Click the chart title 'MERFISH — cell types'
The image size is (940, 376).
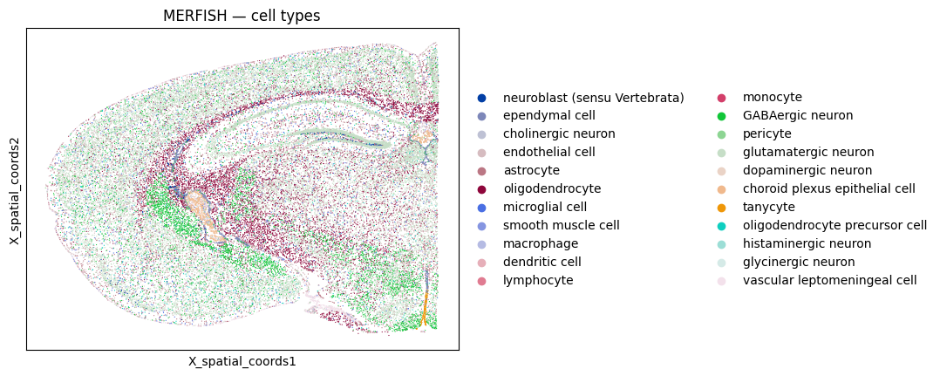pos(242,17)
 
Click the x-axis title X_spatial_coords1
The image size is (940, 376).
pos(242,362)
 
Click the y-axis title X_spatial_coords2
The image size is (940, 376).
pos(14,189)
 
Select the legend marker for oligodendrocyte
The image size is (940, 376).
pos(481,189)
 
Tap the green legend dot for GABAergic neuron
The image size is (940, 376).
pos(721,116)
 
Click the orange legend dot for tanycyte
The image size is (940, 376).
pos(721,208)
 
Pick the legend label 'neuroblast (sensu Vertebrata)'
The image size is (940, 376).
pos(594,98)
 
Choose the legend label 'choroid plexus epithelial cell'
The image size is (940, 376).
pos(829,189)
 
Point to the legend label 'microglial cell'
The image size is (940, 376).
pos(545,207)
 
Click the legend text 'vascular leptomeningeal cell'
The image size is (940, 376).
pos(830,281)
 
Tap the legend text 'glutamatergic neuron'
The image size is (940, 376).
pos(808,153)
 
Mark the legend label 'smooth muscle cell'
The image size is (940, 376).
pos(562,225)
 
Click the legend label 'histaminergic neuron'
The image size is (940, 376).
pos(807,244)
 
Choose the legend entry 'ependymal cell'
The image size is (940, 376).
pos(549,116)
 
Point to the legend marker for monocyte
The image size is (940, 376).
pos(721,98)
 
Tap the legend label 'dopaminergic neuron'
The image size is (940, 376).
pos(807,171)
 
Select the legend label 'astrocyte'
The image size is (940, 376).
pos(531,171)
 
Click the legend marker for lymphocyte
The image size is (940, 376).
pos(481,281)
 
